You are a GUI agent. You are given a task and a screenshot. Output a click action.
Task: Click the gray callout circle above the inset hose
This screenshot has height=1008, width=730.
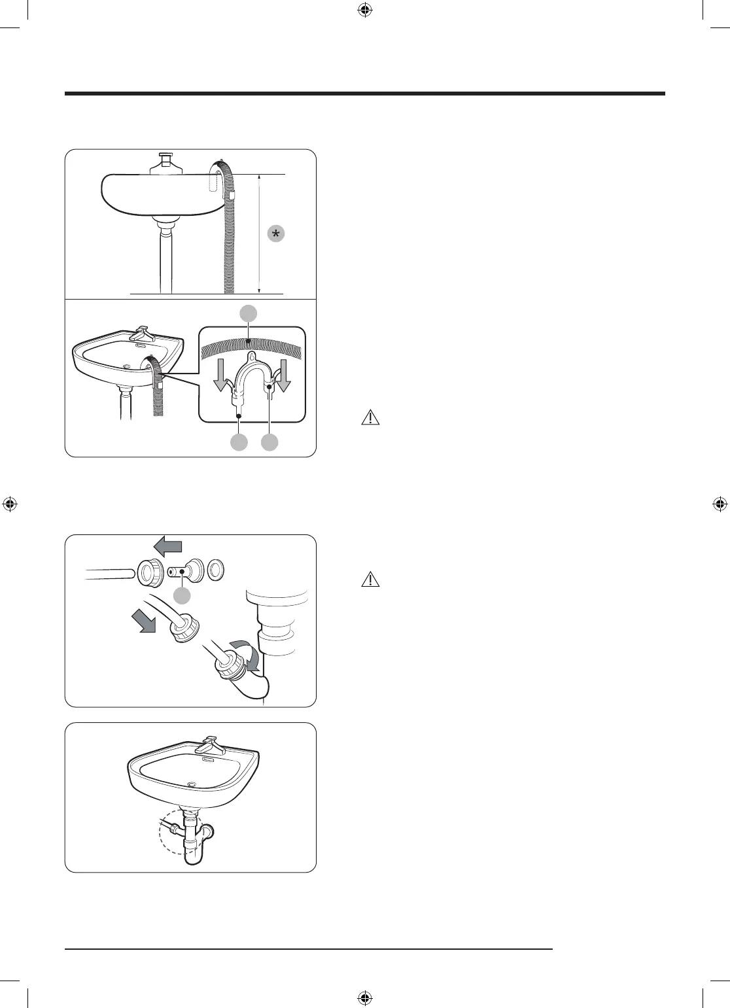tap(247, 313)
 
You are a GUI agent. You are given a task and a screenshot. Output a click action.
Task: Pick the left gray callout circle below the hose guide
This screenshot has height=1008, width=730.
tap(239, 442)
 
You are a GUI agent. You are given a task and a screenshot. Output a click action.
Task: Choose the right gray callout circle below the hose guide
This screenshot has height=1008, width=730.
tap(269, 442)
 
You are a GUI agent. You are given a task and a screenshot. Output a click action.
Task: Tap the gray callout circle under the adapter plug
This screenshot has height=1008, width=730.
tap(182, 595)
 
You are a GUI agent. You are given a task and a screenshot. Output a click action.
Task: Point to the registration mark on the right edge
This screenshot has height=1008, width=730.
tap(720, 504)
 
